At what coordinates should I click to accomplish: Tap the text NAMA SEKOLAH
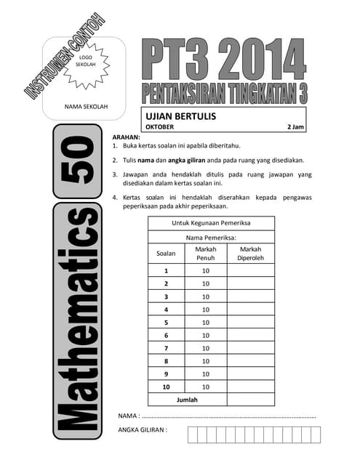point(86,107)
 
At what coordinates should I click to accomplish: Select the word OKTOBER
point(161,127)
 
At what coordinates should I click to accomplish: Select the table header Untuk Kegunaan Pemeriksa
point(211,223)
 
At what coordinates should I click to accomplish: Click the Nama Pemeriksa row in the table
point(211,237)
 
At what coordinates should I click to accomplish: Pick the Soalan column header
point(166,254)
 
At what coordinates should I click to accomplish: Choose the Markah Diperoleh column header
point(250,254)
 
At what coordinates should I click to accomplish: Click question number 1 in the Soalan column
point(166,271)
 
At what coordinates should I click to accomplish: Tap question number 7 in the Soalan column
point(166,348)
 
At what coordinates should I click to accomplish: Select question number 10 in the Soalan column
point(166,387)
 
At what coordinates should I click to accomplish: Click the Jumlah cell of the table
point(187,400)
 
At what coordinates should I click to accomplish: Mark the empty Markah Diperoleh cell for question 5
point(250,323)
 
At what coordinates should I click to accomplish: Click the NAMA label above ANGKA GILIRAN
point(128,416)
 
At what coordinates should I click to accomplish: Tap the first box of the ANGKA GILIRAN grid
point(193,434)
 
